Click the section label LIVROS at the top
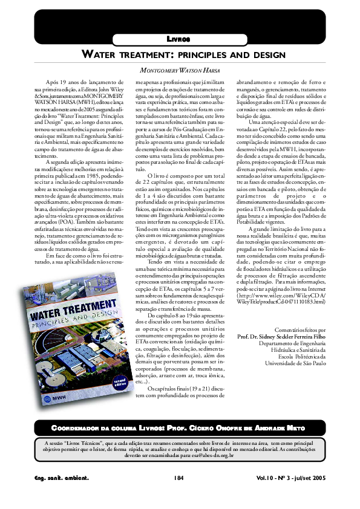(x=179, y=39)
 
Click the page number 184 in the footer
(x=178, y=478)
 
